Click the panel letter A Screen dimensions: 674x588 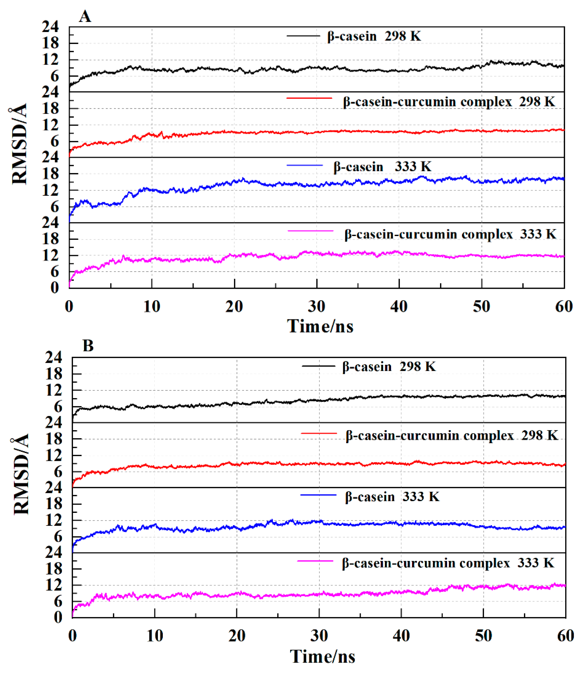click(85, 16)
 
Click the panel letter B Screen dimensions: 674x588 click(88, 346)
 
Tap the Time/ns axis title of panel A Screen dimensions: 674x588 click(320, 326)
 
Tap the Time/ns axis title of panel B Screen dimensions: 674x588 click(322, 656)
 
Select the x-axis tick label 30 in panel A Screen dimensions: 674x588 click(317, 307)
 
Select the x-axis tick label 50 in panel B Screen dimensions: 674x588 click(483, 636)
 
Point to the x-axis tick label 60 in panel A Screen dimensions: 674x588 click(564, 307)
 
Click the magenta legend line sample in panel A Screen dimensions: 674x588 click(310, 231)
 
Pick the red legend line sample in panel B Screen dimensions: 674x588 click(319, 434)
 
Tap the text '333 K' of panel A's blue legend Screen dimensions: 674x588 click(413, 167)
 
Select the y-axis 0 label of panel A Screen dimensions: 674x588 click(54, 288)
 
